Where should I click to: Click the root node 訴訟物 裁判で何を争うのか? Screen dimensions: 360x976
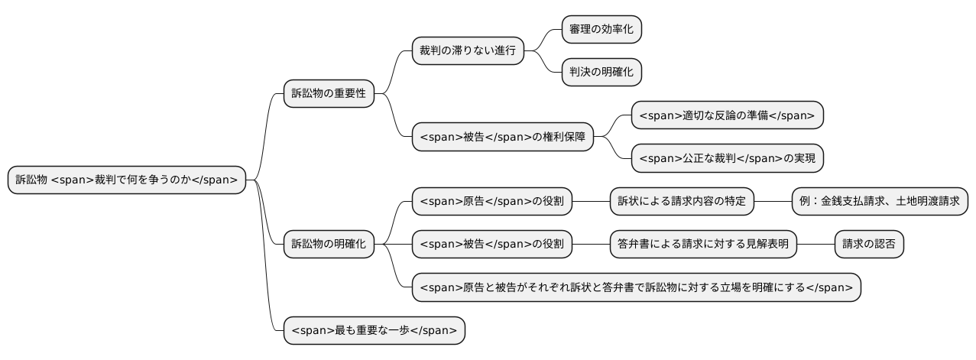127,180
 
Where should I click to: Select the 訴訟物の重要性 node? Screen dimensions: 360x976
329,94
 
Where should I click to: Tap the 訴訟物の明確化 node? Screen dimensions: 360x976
329,245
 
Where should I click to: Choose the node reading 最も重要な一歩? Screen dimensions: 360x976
374,331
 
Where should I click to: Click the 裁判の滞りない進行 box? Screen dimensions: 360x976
467,51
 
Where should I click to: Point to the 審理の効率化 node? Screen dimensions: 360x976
601,29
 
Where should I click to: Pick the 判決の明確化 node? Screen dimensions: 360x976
601,73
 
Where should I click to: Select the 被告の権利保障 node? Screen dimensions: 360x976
503,137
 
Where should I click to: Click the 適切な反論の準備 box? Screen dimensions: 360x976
727,115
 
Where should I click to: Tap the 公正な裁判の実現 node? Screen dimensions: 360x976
727,159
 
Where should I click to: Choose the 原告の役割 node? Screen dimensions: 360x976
492,202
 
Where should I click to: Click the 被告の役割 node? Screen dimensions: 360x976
492,245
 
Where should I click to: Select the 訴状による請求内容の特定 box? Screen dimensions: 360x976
682,202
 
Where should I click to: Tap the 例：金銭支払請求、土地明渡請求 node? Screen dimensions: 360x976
879,202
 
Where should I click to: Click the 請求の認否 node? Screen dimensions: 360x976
868,245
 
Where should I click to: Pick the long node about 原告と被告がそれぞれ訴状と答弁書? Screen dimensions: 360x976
636,288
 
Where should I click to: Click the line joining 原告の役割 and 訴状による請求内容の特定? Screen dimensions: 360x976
591,202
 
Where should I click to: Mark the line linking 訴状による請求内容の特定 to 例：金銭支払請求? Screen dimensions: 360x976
772,202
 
